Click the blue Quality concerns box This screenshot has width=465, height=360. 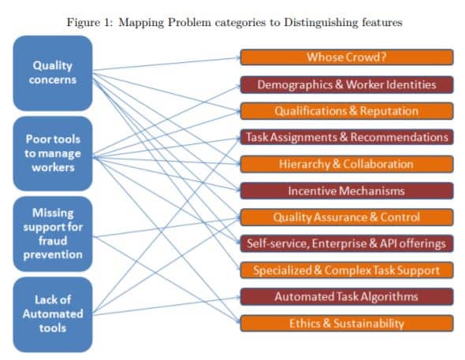[x=53, y=73]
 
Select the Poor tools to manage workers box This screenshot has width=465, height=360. [x=53, y=154]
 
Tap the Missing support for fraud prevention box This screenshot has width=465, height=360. [x=53, y=234]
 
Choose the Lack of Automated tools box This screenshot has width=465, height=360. [x=53, y=314]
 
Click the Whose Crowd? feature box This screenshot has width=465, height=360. [x=347, y=58]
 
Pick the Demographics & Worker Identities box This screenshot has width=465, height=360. [x=347, y=85]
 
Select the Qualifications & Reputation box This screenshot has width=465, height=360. [x=347, y=111]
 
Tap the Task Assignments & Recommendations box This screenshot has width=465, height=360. [x=347, y=137]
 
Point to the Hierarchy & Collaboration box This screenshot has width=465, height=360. [x=347, y=164]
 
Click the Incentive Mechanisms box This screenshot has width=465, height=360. [x=347, y=191]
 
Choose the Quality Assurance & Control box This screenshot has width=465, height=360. [x=347, y=217]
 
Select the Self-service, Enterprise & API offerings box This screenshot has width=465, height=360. [x=347, y=243]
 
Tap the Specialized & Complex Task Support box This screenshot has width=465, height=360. [x=347, y=270]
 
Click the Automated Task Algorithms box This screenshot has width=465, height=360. [x=347, y=297]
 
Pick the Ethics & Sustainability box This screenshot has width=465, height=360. [x=347, y=323]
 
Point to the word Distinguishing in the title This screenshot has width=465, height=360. [x=322, y=23]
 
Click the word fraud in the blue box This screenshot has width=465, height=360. [x=53, y=240]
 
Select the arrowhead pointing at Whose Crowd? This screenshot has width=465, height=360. [x=238, y=58]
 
